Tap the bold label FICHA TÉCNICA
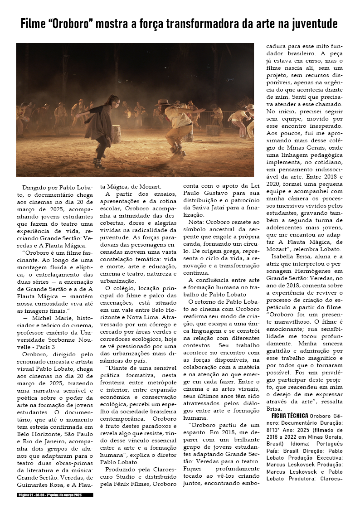tap(290, 416)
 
